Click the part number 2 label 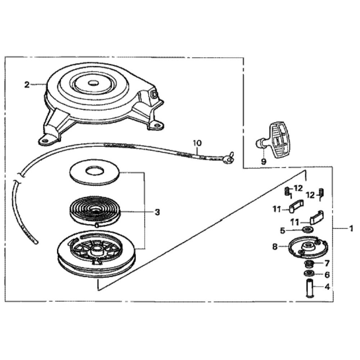27,85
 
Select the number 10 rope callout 197,143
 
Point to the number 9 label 264,162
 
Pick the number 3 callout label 157,212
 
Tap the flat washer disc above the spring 94,174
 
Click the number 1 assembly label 351,229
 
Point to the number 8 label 275,247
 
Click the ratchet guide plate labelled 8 308,247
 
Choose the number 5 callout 283,230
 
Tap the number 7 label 327,263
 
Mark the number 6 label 327,275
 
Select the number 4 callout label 327,287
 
